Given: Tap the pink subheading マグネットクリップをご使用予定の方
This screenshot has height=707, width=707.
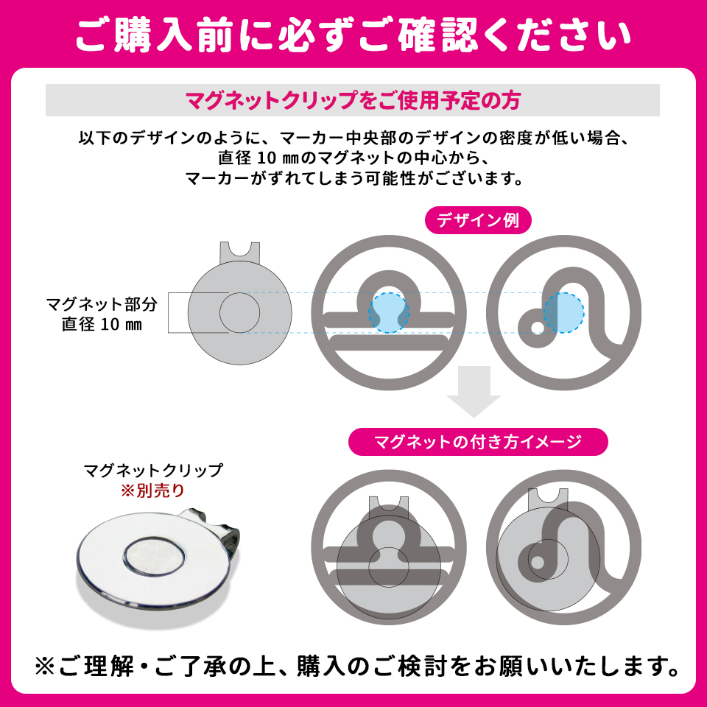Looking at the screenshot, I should (353, 99).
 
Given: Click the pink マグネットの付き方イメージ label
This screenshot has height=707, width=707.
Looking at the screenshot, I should (478, 442).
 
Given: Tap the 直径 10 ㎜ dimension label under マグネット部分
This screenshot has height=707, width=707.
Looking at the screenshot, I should (101, 324).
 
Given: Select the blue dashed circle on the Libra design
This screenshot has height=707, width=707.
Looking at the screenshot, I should (388, 312).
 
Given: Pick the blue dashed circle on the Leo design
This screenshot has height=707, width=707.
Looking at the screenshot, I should (563, 312).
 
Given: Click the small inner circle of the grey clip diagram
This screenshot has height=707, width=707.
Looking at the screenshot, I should (239, 312).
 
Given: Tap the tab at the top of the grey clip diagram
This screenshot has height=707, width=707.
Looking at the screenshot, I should (240, 253).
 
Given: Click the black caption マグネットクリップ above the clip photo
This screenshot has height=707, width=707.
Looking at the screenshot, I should (152, 470).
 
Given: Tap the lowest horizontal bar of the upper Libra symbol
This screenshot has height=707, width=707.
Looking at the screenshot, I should (388, 342).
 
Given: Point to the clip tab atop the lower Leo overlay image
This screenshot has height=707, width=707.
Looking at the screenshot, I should (548, 496).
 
